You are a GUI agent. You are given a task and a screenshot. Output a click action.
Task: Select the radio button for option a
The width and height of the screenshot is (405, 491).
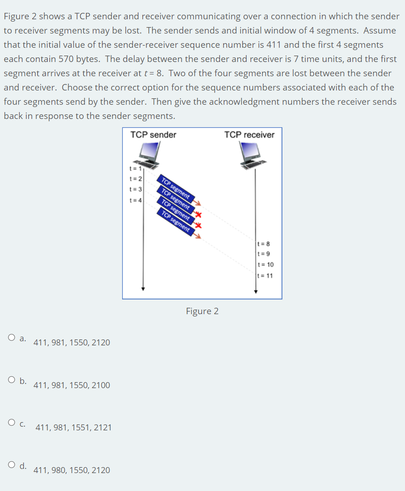point(11,338)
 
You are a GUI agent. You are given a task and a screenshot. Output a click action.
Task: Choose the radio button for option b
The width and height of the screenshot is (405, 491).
point(11,380)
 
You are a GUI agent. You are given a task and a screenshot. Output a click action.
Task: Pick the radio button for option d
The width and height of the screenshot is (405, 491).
point(11,465)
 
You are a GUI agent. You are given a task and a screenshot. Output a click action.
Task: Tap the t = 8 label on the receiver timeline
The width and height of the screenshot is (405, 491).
point(264,243)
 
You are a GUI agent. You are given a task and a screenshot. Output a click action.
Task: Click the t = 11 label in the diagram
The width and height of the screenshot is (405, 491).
point(266,276)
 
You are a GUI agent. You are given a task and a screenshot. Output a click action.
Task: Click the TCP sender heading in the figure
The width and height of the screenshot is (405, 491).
point(153,135)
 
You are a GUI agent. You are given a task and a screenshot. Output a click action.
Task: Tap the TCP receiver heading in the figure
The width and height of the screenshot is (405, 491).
point(249,135)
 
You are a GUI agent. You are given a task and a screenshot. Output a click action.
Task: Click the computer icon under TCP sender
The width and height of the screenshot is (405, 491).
point(148,154)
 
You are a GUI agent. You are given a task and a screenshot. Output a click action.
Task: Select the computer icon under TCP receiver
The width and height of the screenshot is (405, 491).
point(251,154)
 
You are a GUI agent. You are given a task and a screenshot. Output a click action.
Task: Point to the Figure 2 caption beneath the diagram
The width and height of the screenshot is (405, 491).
point(202,311)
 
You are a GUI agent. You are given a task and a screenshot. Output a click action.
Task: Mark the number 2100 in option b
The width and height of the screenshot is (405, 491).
point(101,385)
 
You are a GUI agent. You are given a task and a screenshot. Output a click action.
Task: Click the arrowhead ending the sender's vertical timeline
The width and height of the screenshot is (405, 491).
point(143,289)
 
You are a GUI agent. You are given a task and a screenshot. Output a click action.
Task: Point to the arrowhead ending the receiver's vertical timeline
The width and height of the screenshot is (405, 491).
point(256,291)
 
